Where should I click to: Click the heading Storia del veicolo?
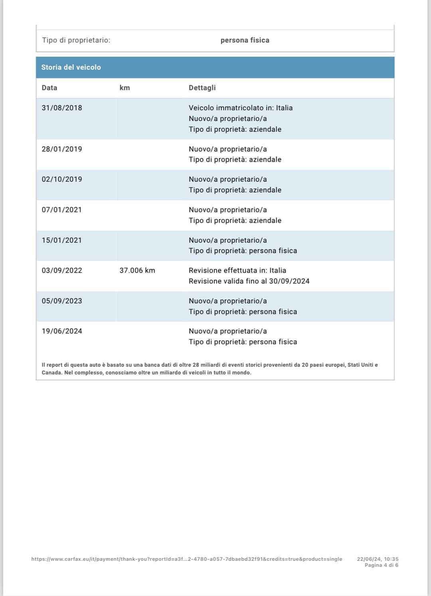click(x=71, y=67)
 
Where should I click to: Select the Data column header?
click(x=49, y=88)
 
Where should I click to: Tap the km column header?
click(x=125, y=88)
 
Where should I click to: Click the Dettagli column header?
click(x=202, y=88)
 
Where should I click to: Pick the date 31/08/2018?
click(x=62, y=108)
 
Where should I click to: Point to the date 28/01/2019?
click(x=62, y=149)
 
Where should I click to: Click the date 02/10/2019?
click(x=62, y=179)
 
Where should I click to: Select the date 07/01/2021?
click(x=62, y=210)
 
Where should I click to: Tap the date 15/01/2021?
click(x=62, y=240)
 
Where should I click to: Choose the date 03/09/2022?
click(x=62, y=271)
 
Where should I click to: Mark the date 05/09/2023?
click(x=62, y=301)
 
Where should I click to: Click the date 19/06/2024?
click(x=62, y=331)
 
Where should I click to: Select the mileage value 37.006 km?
click(x=137, y=271)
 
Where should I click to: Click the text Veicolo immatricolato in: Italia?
click(x=241, y=108)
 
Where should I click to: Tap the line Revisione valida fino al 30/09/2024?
click(x=249, y=281)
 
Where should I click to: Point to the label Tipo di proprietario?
click(x=76, y=40)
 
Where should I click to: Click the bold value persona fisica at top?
click(x=245, y=40)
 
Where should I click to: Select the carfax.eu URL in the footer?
click(x=187, y=559)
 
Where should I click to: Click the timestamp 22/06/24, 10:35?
click(x=378, y=559)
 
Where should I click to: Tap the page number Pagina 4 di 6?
click(x=381, y=565)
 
